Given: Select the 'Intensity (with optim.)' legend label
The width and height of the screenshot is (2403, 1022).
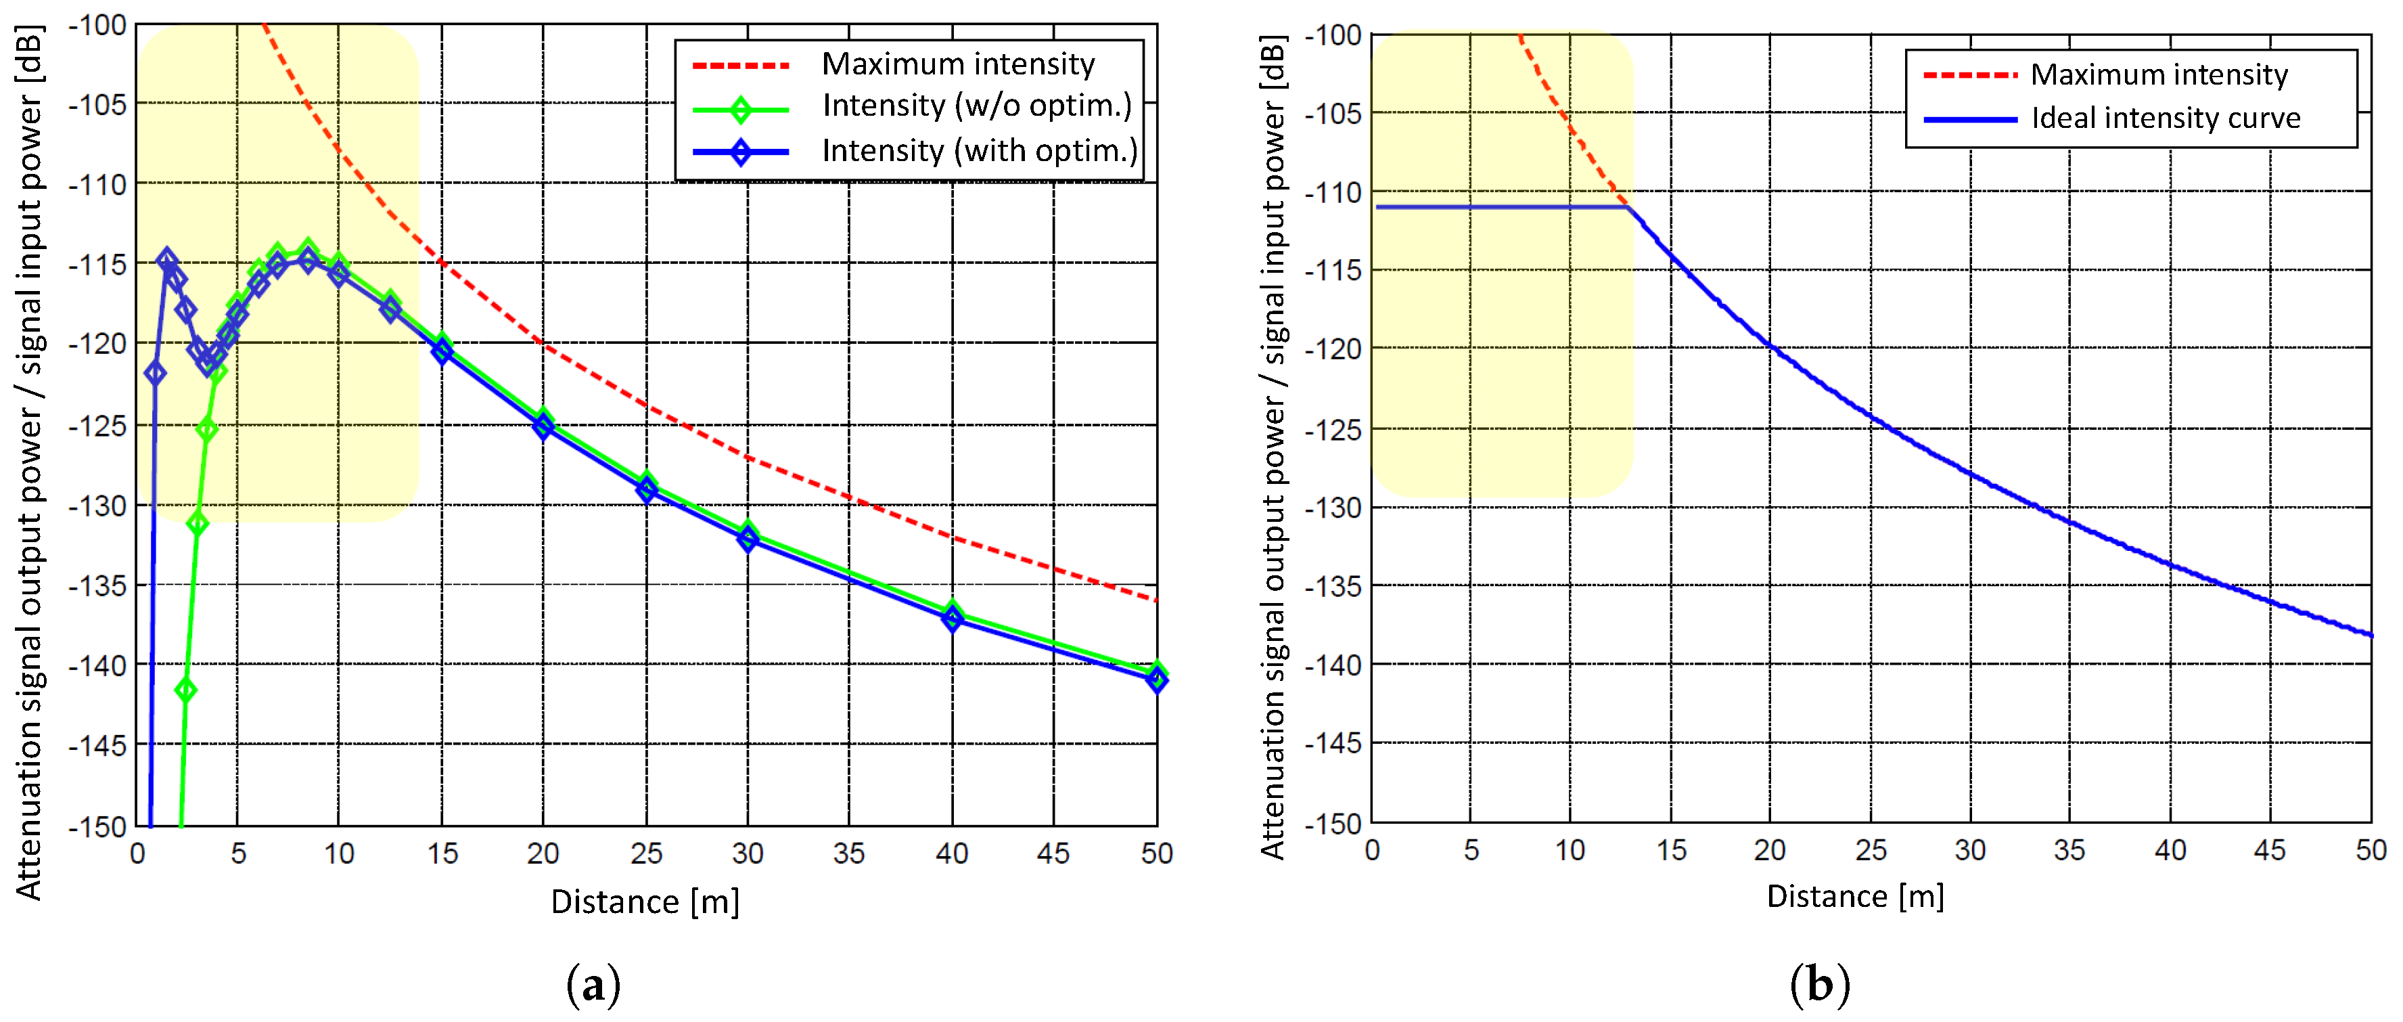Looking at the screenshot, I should pyautogui.click(x=980, y=150).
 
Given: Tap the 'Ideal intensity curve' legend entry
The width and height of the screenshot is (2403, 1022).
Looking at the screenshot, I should pyautogui.click(x=2165, y=118).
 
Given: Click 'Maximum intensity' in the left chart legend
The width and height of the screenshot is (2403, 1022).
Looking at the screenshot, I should pyautogui.click(x=958, y=64).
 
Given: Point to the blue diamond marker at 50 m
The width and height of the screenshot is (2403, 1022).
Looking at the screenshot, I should pyautogui.click(x=1157, y=680).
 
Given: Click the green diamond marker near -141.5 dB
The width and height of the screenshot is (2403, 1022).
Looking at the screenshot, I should pyautogui.click(x=185, y=690).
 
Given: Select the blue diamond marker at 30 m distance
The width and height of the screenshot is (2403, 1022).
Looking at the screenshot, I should pyautogui.click(x=747, y=539).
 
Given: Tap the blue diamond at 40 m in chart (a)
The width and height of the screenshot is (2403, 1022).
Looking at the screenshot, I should pyautogui.click(x=951, y=619).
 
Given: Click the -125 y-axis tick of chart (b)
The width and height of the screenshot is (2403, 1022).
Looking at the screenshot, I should pyautogui.click(x=1332, y=429).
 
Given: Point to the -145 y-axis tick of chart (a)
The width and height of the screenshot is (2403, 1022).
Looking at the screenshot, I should pyautogui.click(x=97, y=746).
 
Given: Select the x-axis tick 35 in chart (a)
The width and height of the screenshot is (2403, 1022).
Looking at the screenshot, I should pyautogui.click(x=849, y=853).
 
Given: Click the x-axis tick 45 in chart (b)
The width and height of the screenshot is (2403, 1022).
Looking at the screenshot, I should pyautogui.click(x=2270, y=849).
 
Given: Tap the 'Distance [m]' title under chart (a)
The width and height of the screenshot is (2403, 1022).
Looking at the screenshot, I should pyautogui.click(x=645, y=902).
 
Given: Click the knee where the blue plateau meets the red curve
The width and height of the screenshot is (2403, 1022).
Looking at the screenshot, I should pyautogui.click(x=1628, y=206).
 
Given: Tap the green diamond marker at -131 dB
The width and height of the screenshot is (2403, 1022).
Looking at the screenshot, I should pyautogui.click(x=197, y=524).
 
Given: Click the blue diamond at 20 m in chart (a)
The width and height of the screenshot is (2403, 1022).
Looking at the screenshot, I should pyautogui.click(x=544, y=428).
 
